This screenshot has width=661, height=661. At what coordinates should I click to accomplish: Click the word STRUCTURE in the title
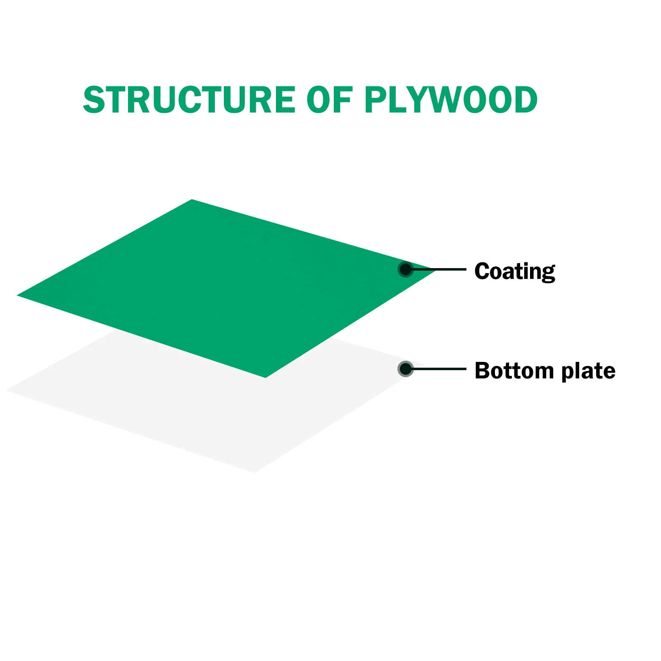tap(189, 100)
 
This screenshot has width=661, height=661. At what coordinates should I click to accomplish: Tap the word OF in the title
tap(329, 100)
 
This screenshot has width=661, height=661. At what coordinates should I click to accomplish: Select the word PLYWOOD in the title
tap(450, 100)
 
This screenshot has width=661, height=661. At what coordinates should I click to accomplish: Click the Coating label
tap(514, 271)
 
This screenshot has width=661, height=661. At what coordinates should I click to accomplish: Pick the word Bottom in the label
tap(514, 371)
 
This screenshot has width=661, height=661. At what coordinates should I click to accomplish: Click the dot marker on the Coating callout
tap(406, 269)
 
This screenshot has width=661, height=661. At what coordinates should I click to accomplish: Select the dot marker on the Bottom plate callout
tap(406, 369)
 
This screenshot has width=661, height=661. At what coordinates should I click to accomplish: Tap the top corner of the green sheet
tap(192, 200)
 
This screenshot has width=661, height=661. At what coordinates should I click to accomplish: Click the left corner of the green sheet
tap(18, 295)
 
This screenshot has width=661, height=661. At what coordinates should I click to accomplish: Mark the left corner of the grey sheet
tap(7, 390)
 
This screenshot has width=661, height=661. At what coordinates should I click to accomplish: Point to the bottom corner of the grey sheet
tap(255, 471)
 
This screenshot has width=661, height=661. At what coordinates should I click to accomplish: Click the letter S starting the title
tap(94, 100)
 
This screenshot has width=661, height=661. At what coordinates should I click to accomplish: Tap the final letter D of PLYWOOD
tap(523, 100)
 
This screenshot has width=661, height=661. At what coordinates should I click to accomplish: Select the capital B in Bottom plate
tap(482, 371)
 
